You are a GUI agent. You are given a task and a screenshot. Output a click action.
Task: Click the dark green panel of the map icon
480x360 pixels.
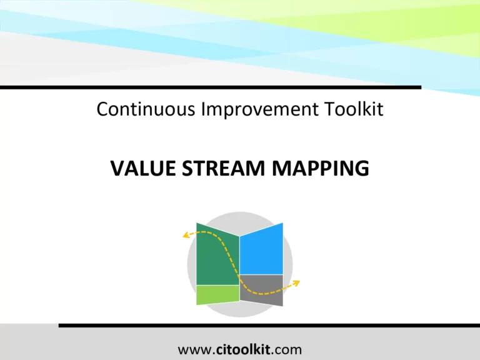click(x=212, y=256)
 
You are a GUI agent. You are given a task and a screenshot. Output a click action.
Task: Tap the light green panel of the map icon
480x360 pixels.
click(x=217, y=294)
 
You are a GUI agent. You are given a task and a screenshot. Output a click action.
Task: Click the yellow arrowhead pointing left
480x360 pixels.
click(x=186, y=236)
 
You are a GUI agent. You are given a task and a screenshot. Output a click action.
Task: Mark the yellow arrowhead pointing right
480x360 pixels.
click(x=296, y=283)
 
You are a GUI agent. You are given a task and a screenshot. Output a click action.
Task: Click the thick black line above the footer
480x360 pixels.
click(x=269, y=326)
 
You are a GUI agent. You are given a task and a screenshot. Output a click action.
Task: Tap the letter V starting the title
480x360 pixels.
click(x=117, y=168)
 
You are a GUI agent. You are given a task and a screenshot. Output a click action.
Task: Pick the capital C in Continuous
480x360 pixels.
click(x=103, y=109)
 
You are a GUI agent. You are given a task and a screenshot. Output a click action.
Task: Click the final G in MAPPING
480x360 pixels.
click(x=362, y=168)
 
